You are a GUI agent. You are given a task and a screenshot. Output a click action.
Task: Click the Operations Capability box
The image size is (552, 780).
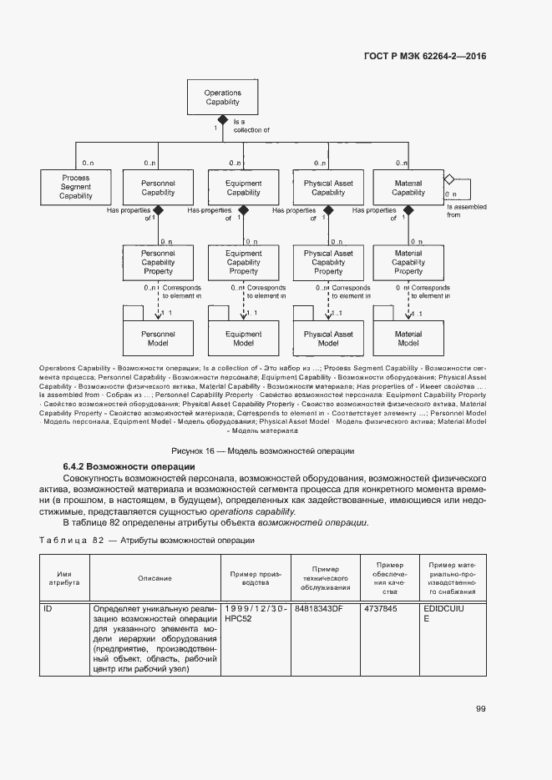pos(222,98)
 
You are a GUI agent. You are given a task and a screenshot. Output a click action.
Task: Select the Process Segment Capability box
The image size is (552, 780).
pos(75,188)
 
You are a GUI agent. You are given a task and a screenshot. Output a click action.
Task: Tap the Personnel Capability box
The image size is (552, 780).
pos(158,188)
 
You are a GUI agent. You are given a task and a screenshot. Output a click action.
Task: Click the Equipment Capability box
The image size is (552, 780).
pos(244,188)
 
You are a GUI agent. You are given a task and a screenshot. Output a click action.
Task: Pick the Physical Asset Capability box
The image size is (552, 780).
pos(328,188)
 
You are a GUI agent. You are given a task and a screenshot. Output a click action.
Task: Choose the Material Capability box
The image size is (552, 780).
pos(408,188)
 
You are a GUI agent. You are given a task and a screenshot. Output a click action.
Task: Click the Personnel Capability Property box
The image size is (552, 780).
pos(158,262)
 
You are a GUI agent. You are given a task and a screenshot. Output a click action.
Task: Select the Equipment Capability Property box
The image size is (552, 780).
pos(244,262)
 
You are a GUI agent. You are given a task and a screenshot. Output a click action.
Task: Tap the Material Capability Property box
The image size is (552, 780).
pos(408,262)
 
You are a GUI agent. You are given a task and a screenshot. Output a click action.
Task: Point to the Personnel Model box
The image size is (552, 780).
pos(158,339)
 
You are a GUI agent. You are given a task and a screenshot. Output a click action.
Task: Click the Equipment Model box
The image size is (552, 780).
pos(244,339)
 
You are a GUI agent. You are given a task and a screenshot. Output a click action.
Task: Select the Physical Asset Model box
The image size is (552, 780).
pos(328,339)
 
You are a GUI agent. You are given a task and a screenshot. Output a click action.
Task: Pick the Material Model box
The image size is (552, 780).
pos(408,339)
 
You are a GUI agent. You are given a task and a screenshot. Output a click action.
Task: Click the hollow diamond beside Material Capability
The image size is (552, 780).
pos(448,179)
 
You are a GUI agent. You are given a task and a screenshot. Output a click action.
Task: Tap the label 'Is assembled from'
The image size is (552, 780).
pos(464,210)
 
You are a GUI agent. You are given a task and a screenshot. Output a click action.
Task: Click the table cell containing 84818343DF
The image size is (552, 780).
pos(324,609)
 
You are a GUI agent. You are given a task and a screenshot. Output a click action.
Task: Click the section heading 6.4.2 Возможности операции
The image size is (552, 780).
pos(129,465)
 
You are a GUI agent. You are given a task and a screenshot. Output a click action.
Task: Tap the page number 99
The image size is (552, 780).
pos(480,708)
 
